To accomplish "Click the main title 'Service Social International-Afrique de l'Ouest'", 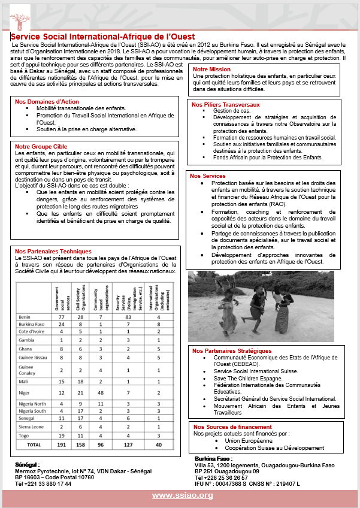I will (102, 37).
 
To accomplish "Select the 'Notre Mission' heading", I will (211, 69).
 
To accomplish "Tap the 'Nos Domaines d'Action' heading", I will (47, 102).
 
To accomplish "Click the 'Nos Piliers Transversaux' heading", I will (226, 104).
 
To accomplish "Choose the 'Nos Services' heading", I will (207, 176).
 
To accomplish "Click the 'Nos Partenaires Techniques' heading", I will (53, 251).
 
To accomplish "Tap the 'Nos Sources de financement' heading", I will (231, 427).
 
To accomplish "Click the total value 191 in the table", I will (60, 445).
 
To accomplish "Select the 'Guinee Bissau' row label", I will (34, 358).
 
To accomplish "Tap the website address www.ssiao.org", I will (182, 495).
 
